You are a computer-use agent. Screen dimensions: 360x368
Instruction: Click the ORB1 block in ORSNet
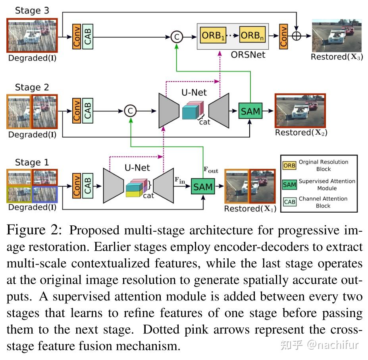[x=213, y=35]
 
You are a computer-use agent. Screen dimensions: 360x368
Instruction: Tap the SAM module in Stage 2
[x=250, y=111]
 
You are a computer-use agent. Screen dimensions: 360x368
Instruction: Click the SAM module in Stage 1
[x=203, y=186]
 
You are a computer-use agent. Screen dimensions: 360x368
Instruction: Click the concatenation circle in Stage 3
[x=177, y=37]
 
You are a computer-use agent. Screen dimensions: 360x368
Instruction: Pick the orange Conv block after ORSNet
[x=283, y=36]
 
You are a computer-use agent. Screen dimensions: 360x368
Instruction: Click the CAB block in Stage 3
[x=87, y=36]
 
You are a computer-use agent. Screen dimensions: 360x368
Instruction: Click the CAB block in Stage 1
[x=87, y=186]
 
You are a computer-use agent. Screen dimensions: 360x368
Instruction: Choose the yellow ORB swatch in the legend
[x=289, y=165]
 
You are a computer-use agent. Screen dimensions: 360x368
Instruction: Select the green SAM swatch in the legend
[x=289, y=184]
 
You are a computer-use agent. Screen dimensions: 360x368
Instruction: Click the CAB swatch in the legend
[x=289, y=202]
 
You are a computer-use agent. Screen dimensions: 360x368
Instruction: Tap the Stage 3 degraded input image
[x=32, y=35]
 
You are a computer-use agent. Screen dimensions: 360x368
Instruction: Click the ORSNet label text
[x=248, y=55]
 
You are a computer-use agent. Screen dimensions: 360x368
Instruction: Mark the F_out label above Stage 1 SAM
[x=211, y=170]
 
